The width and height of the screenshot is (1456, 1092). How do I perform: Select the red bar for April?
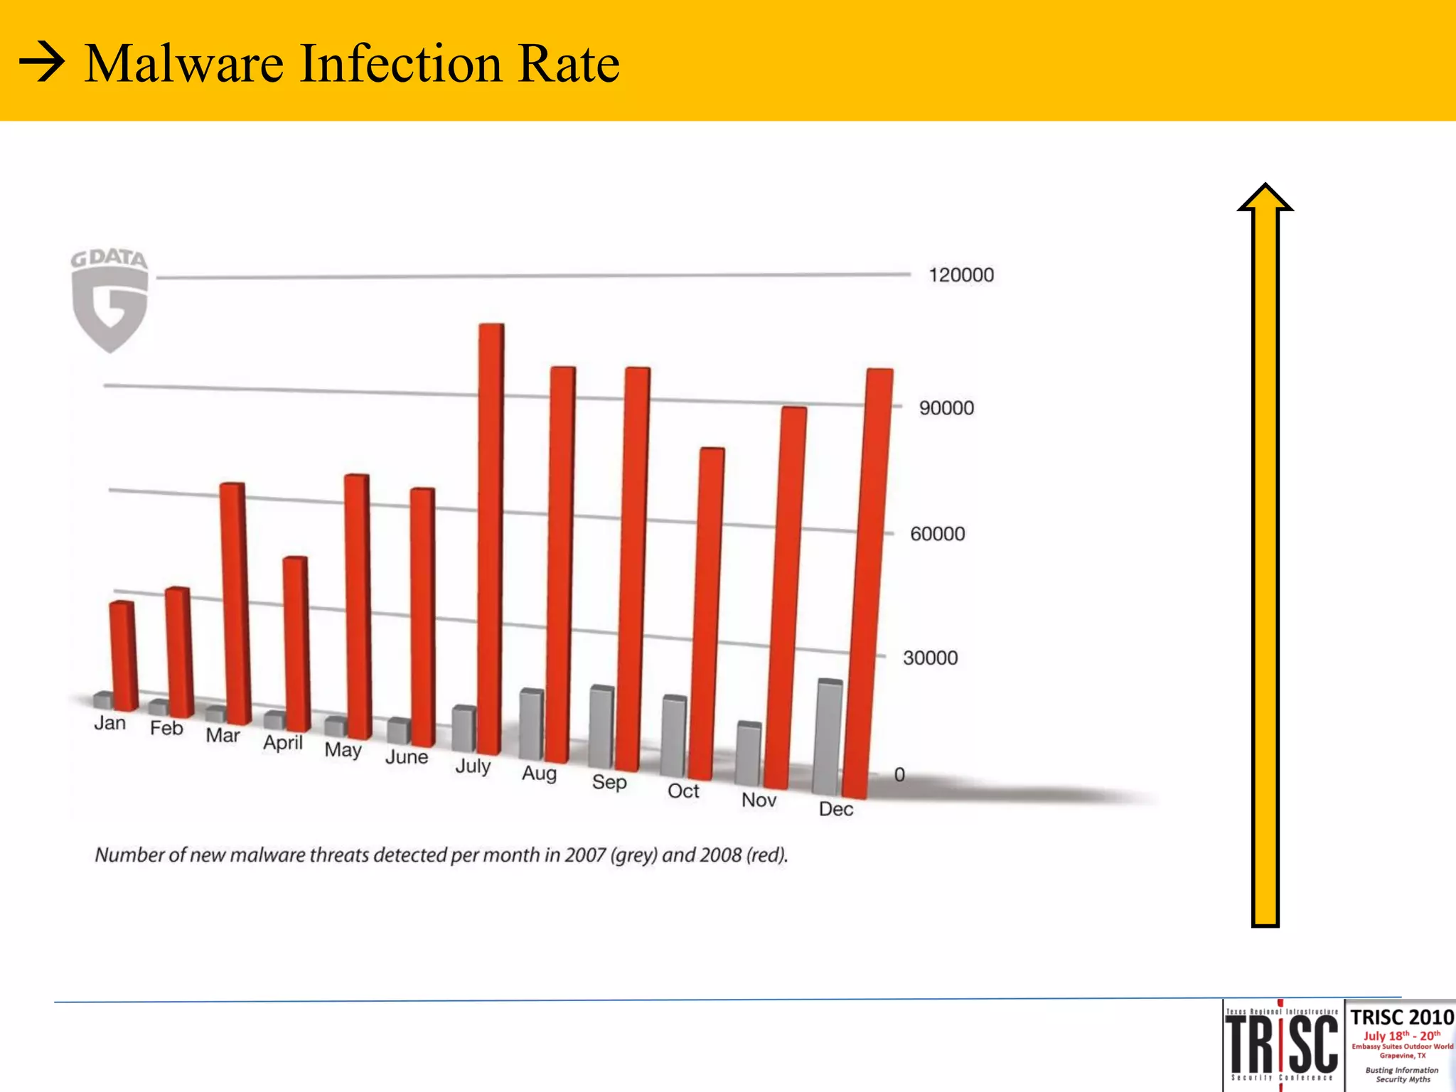(x=296, y=643)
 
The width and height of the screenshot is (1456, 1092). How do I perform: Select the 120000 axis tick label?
(x=961, y=275)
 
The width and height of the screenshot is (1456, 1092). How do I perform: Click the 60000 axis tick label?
(x=937, y=534)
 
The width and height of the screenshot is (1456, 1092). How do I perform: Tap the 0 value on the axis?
(x=899, y=775)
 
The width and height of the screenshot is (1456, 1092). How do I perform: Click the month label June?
(x=407, y=757)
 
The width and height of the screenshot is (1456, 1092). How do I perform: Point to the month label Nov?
(x=759, y=801)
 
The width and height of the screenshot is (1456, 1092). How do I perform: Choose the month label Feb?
(x=166, y=729)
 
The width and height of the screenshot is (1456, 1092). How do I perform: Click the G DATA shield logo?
(x=110, y=302)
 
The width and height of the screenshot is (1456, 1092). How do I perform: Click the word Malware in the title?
(x=184, y=64)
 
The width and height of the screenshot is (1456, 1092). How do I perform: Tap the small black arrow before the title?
(x=41, y=64)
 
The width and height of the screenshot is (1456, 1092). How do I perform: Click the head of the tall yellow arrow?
(x=1265, y=199)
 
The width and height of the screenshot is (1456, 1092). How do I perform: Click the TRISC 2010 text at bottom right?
(x=1402, y=1017)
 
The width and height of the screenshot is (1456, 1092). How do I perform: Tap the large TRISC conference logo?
(x=1282, y=1045)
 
